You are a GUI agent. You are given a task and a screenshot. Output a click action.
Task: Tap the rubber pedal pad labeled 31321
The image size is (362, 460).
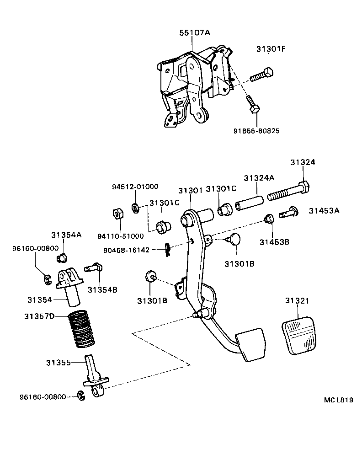pos(298,337)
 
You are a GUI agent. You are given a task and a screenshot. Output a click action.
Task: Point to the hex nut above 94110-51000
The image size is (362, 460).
pos(117,214)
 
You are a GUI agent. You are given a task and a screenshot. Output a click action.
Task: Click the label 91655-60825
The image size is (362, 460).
pos(256,131)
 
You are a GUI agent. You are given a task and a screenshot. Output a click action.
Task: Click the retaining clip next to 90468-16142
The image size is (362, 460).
pos(168,249)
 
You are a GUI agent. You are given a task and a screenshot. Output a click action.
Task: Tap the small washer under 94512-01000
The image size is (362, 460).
pos(135,208)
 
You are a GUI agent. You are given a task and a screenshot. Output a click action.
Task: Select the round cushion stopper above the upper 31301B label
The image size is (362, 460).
pos(234,239)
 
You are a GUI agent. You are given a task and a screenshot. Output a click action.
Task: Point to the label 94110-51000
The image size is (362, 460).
pos(121,236)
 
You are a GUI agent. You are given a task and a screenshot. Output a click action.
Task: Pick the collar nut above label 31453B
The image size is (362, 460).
pos(269,219)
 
